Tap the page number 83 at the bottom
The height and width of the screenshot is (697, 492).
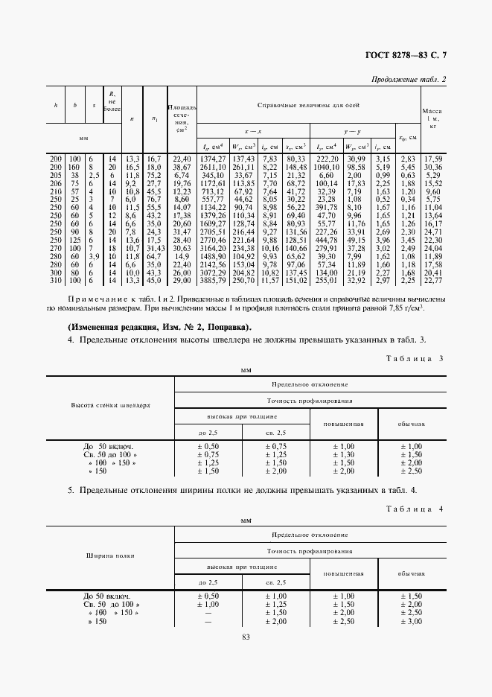click(246, 636)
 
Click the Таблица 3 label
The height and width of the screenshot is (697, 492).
click(415, 358)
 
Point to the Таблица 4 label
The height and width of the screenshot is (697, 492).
click(415, 508)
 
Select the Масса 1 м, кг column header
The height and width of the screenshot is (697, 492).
click(432, 118)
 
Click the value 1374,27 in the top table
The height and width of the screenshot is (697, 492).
click(212, 159)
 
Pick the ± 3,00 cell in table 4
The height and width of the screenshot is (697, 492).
click(411, 621)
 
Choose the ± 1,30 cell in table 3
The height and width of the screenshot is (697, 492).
click(343, 454)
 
